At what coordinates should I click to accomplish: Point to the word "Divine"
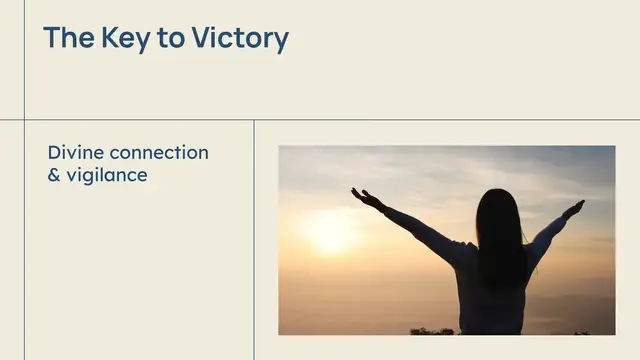click(76, 153)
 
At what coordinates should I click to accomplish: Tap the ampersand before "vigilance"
click(54, 175)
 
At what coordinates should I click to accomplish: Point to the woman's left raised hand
click(364, 197)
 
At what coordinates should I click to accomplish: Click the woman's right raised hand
click(574, 208)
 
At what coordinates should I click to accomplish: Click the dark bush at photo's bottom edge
click(431, 330)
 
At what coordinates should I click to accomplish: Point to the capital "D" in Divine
click(54, 153)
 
